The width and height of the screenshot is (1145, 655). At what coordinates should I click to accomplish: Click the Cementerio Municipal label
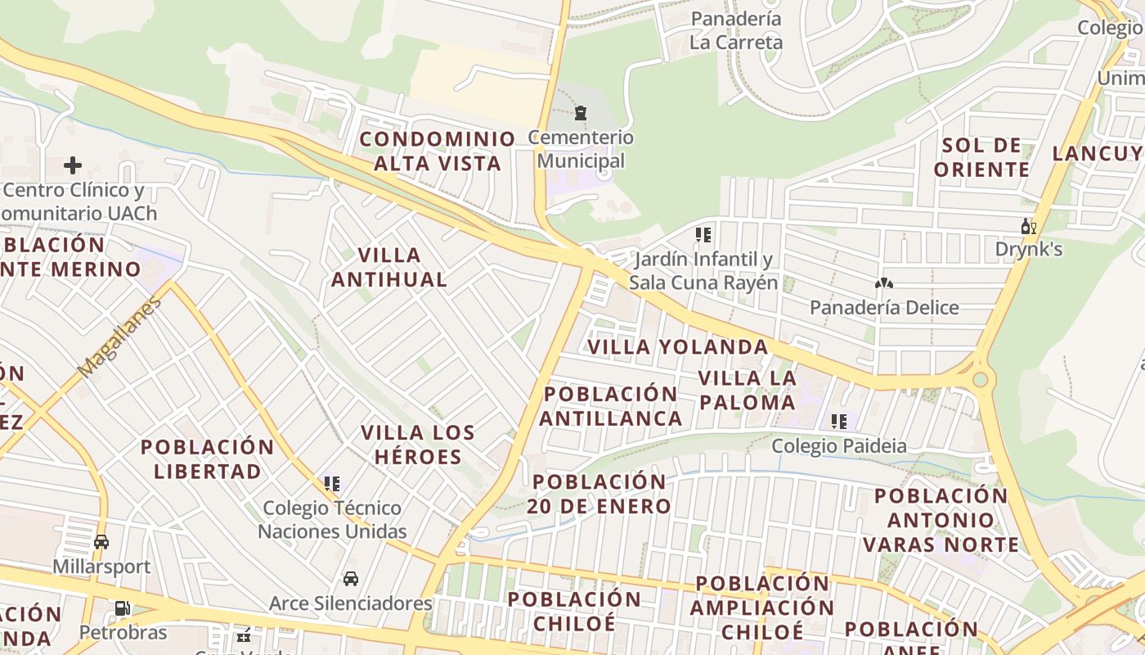point(581,149)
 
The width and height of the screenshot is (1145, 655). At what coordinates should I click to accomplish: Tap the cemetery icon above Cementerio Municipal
point(581,113)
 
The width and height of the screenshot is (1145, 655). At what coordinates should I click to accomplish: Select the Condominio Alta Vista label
point(438,151)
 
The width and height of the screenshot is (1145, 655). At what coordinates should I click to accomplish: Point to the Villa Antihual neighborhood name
point(389,267)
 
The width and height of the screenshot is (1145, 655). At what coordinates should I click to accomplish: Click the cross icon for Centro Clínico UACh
point(73,165)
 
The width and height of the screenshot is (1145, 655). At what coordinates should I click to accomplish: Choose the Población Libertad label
point(208,458)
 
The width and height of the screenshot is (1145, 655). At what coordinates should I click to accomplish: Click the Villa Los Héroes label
point(418,444)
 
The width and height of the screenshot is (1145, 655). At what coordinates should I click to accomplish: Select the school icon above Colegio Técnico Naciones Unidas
point(331,484)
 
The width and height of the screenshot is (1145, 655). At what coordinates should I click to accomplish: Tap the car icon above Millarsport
point(101,542)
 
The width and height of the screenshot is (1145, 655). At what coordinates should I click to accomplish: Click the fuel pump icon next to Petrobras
point(122,608)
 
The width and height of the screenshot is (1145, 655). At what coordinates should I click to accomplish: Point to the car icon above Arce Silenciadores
point(351,579)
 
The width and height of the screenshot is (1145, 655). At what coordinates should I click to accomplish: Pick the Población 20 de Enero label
point(599,493)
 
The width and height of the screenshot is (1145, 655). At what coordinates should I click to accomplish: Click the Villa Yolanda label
point(678,347)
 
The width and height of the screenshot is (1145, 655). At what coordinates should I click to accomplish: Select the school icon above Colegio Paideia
point(838,422)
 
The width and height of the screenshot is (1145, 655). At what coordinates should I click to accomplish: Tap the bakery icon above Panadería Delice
point(883,283)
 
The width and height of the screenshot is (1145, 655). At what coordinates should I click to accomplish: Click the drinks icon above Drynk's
point(1028,226)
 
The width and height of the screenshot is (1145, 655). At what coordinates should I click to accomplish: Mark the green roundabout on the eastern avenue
point(980,379)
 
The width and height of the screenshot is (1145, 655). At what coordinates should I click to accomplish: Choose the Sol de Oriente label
point(981,157)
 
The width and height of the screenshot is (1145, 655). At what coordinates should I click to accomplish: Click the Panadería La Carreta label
point(736,30)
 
